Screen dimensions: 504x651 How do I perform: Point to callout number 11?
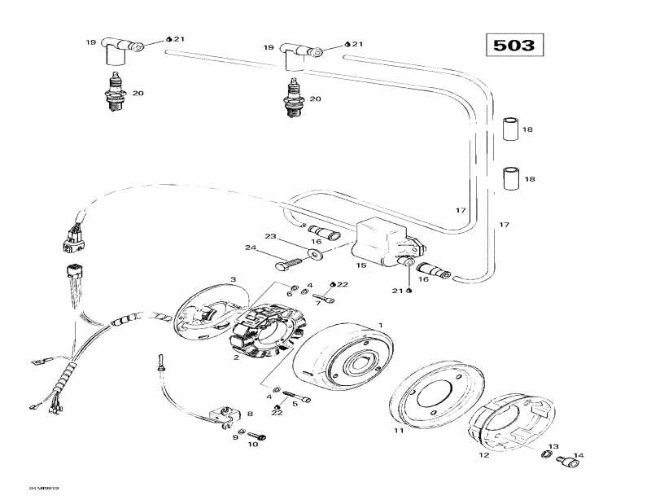tap(399, 431)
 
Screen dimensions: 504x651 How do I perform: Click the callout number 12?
tap(483, 455)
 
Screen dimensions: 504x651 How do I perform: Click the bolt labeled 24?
tap(288, 263)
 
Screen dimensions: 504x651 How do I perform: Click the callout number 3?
tap(233, 279)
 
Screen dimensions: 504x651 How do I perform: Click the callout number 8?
tap(250, 414)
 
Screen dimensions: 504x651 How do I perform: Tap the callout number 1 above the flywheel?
tap(379, 326)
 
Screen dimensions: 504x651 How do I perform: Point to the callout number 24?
tap(251, 248)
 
